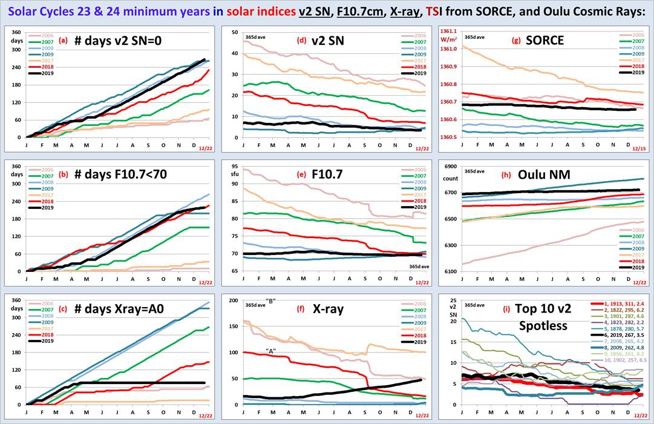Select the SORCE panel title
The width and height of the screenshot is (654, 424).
click(x=545, y=41)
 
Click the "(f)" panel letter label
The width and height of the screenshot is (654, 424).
click(x=301, y=309)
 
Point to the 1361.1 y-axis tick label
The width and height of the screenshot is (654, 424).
click(x=449, y=31)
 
